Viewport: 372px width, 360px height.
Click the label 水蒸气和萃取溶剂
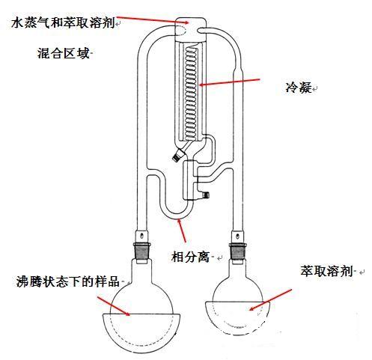pos(63,22)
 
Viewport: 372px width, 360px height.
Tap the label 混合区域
pos(63,53)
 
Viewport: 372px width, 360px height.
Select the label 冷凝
pos(299,88)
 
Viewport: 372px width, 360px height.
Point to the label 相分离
pos(190,256)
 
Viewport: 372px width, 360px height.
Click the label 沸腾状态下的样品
pos(67,281)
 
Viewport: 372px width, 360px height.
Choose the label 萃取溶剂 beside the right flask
pos(326,271)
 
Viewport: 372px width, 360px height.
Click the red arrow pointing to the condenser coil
pos(230,82)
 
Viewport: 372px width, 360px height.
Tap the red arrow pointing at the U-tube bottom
pos(181,230)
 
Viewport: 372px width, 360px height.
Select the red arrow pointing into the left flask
pos(114,306)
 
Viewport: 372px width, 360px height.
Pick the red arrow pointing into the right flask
pos(270,300)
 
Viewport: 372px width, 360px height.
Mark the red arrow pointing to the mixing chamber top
pos(153,19)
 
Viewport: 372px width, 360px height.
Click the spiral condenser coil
pos(192,93)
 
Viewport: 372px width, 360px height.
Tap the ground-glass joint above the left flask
pos(141,251)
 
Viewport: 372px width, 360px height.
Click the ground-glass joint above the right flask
pos(238,252)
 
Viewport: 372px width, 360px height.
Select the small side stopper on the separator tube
pos(205,195)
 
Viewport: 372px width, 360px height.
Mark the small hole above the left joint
pos(141,235)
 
